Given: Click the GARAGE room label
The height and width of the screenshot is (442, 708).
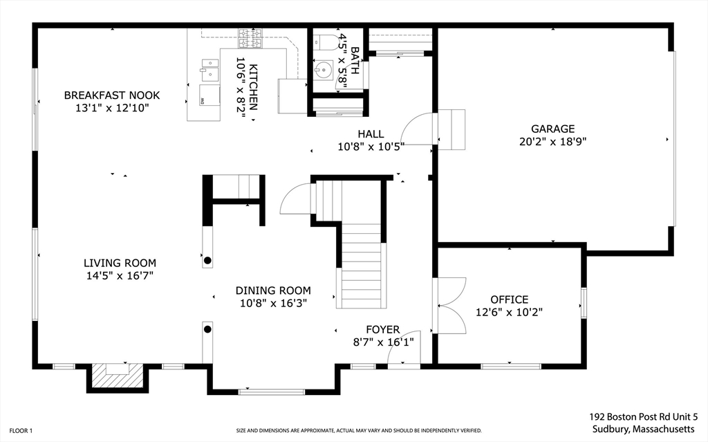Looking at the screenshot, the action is click(x=552, y=129).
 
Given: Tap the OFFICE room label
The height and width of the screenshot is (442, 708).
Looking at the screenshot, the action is click(x=510, y=300).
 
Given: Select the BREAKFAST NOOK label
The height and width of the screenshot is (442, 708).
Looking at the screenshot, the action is click(x=112, y=95).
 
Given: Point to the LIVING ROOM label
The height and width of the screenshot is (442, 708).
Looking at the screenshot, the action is click(x=120, y=263).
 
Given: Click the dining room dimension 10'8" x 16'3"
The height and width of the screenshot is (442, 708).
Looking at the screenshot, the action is click(x=273, y=303).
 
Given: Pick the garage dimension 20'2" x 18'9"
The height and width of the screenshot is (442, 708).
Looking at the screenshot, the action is click(x=552, y=142).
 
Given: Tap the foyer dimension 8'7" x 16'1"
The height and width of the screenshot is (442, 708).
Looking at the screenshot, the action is click(x=383, y=342).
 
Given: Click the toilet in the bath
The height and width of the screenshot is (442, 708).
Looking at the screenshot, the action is click(x=325, y=42).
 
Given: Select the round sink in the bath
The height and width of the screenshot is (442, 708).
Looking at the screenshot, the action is click(x=323, y=70).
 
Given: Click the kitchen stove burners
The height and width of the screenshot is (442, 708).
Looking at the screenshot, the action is click(x=250, y=38).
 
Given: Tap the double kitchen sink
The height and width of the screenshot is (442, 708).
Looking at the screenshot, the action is click(x=210, y=69).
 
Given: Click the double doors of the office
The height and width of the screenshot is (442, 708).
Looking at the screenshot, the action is click(x=449, y=306).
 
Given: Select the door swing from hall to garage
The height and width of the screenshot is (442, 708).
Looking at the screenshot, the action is click(x=416, y=129).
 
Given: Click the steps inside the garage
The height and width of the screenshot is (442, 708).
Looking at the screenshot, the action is click(x=451, y=129).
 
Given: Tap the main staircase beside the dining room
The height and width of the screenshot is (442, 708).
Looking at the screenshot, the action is click(x=361, y=266).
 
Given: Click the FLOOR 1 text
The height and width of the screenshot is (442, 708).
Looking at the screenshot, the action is click(x=21, y=431).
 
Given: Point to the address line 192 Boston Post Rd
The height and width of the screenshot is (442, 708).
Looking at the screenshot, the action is click(x=644, y=416).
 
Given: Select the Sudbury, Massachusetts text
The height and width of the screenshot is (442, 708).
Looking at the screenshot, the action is click(x=644, y=429).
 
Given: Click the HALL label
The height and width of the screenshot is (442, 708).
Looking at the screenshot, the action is click(x=371, y=133).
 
